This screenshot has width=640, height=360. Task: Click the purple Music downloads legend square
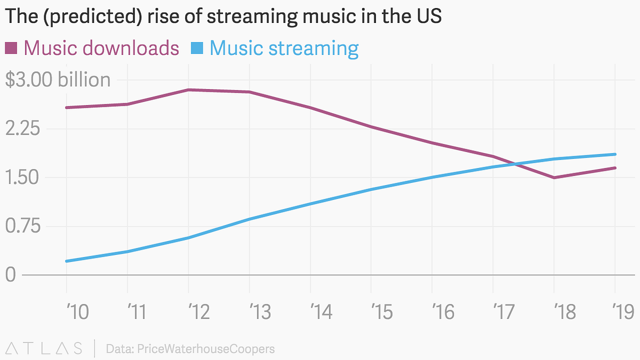pyautogui.click(x=12, y=49)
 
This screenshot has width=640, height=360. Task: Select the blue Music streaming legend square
pyautogui.click(x=197, y=49)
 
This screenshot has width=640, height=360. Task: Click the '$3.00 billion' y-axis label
pyautogui.click(x=58, y=80)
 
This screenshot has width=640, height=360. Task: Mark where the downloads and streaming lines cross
pyautogui.click(x=515, y=164)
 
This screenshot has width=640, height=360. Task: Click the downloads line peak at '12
pyautogui.click(x=188, y=90)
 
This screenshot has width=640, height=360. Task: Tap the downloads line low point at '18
pyautogui.click(x=554, y=178)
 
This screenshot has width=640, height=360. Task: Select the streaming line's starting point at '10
pyautogui.click(x=66, y=261)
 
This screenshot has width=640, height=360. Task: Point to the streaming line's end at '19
pyautogui.click(x=615, y=154)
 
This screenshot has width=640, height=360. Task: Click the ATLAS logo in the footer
pyautogui.click(x=43, y=349)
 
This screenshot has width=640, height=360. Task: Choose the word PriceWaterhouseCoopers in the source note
pyautogui.click(x=205, y=349)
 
